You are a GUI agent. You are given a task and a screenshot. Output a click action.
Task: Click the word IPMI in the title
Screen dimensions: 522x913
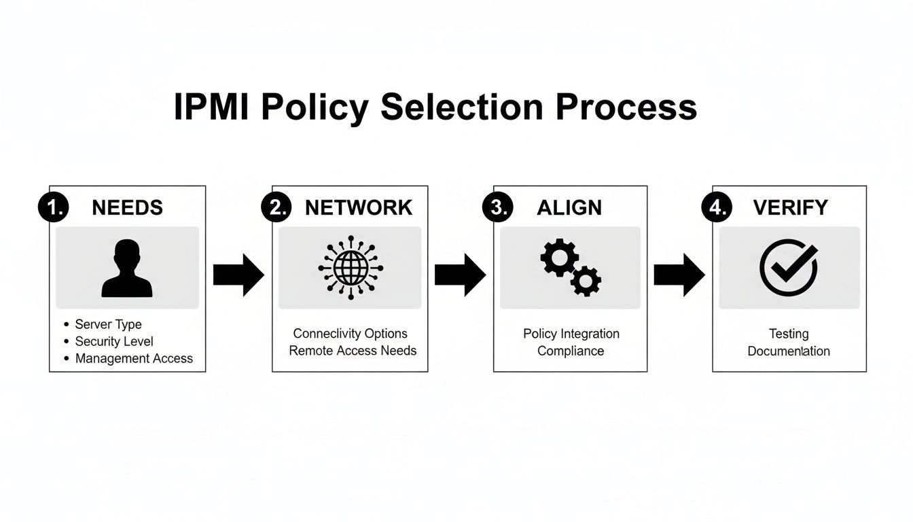click(211, 108)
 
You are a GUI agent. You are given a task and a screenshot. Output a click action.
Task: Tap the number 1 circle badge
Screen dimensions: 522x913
click(52, 207)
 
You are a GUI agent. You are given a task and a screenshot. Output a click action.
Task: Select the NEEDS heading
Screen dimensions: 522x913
click(128, 207)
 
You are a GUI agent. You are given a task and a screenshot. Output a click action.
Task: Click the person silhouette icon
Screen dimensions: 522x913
click(127, 268)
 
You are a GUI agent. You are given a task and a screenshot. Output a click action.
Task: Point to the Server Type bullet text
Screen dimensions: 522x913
click(108, 324)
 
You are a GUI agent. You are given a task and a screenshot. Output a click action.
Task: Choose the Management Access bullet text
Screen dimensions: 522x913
click(134, 358)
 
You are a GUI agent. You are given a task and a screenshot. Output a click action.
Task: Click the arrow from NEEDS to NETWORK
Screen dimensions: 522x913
click(238, 275)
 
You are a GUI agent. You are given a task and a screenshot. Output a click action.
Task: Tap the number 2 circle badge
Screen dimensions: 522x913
click(276, 207)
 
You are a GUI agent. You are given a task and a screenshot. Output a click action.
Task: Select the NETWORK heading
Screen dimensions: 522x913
click(359, 207)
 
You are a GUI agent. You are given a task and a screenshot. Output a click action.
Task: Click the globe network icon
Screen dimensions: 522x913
click(350, 268)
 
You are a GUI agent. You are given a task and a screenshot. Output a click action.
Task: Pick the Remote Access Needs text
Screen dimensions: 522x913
click(353, 351)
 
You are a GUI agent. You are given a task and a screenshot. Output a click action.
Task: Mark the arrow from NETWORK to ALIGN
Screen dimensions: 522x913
click(460, 275)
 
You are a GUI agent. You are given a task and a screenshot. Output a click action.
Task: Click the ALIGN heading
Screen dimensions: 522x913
click(569, 207)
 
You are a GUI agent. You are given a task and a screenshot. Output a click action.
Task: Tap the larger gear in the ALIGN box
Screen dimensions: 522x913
click(559, 258)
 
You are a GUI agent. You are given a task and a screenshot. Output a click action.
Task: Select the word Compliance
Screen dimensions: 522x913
click(571, 351)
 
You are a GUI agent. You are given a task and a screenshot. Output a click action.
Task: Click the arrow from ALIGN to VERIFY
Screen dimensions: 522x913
click(679, 275)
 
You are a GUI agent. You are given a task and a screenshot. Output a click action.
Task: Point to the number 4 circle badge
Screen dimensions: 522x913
click(717, 207)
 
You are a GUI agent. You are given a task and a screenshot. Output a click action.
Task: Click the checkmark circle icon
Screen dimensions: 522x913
click(788, 267)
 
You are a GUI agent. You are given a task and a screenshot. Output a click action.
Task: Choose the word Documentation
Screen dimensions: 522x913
click(789, 351)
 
